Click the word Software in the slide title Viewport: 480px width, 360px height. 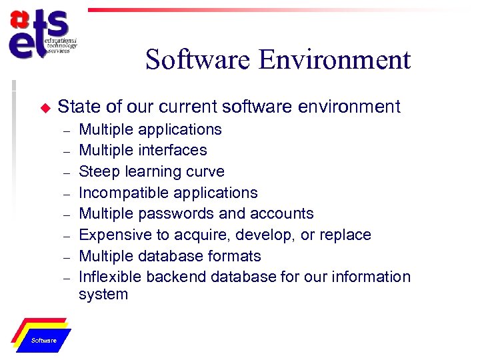click(x=198, y=60)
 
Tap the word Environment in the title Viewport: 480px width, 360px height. click(x=335, y=60)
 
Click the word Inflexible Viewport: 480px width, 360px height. click(x=107, y=277)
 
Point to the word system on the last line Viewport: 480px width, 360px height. click(x=103, y=294)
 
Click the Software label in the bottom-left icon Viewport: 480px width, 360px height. click(x=44, y=341)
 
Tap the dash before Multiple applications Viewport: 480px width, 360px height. click(x=66, y=129)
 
